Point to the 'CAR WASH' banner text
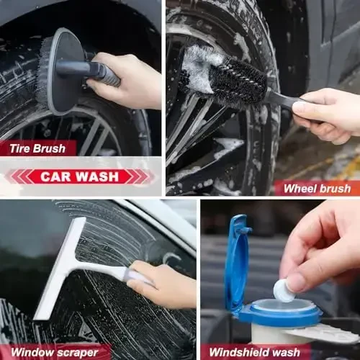coord(79,176)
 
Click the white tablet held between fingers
coord(284,290)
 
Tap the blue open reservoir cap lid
coord(237,259)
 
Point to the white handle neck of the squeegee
coord(108,268)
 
